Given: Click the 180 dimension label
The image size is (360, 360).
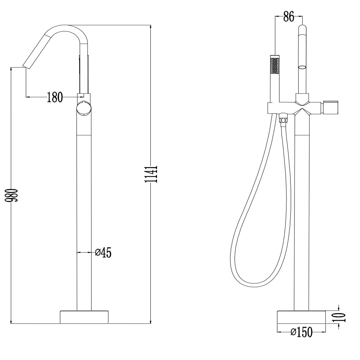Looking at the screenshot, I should [x=55, y=97].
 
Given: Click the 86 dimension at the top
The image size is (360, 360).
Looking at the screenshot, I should [x=289, y=17].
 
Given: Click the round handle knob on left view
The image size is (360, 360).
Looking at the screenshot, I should [x=84, y=108].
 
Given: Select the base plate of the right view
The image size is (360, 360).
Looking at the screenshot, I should [x=301, y=317].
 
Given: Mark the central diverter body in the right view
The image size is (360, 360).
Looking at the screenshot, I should [x=302, y=107].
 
